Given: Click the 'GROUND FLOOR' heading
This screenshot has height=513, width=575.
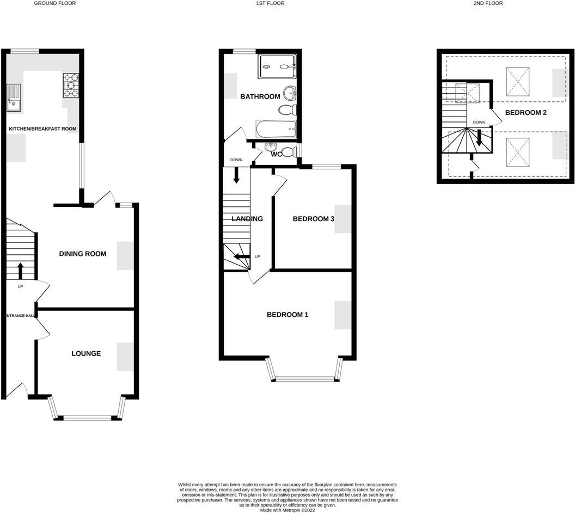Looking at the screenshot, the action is coord(55,3).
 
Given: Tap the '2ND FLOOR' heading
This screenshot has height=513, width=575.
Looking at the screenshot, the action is coord(488,3).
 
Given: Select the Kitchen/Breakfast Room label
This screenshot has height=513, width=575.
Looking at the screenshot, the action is coord(42,129).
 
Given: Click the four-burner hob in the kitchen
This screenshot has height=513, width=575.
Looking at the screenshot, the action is coord(71,85).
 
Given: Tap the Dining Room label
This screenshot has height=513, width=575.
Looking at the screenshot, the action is coord(83,254).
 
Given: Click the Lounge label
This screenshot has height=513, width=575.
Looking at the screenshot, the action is coord(86,353).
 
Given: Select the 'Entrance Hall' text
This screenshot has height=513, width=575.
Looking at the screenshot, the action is coord(21,316).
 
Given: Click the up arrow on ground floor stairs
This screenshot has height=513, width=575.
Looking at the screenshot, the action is coord(20,271).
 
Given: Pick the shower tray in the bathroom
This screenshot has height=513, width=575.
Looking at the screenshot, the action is coord(277,66).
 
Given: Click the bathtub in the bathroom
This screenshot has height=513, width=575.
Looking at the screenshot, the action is coord(276,129).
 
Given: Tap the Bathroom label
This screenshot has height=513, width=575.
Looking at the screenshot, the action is coord(260,96).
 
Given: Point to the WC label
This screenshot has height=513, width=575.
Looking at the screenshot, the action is coord(277,154).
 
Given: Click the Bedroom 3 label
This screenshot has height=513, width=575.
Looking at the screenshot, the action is coord(313,219).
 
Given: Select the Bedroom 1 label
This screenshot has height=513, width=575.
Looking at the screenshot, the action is coord(287,315).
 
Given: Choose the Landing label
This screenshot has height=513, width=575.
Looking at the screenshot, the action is coord(247,219).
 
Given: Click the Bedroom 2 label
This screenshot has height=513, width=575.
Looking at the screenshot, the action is coord(526,113).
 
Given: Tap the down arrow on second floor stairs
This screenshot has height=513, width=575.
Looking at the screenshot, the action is coord(479,138).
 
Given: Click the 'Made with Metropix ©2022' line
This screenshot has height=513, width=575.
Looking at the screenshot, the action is coord(287,510).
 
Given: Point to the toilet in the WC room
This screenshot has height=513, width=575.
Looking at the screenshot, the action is coord(290,151).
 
